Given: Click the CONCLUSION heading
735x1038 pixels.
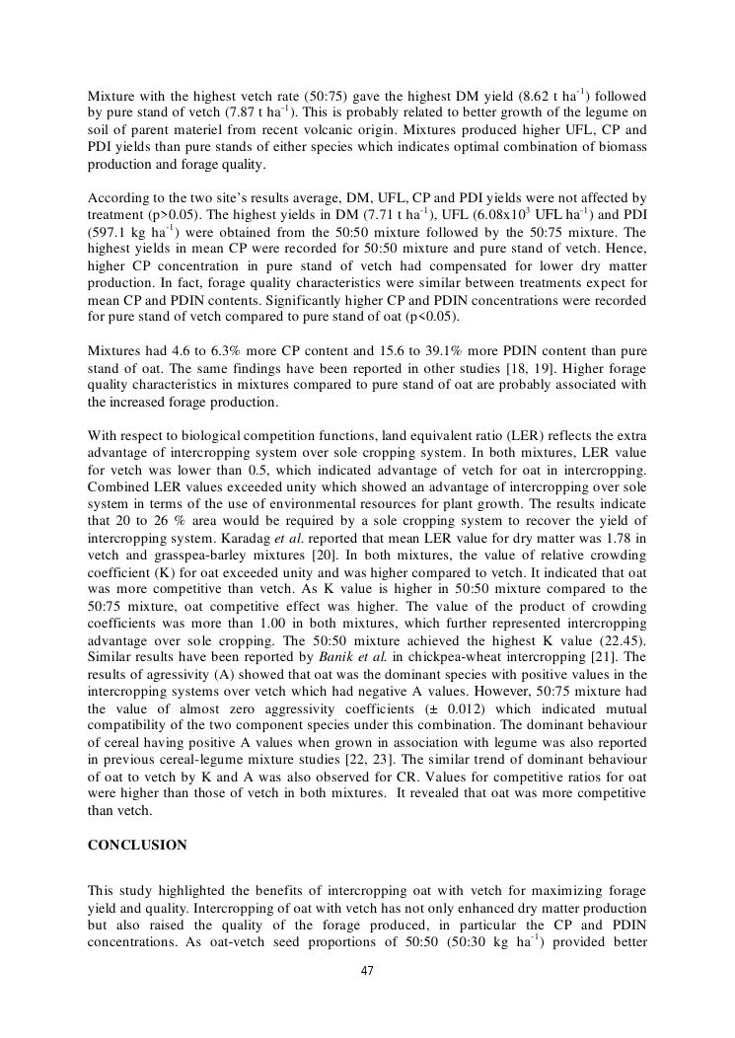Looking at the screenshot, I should point(137,846).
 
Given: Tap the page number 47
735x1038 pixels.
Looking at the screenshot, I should point(367,971).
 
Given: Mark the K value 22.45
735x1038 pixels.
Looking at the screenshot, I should point(620,641).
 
